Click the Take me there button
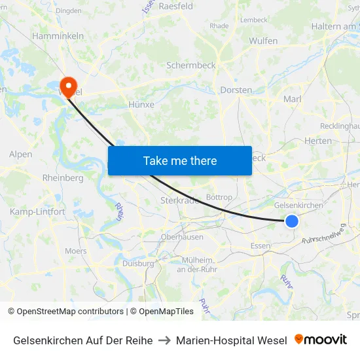coord(180,160)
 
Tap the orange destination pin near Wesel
coord(68,86)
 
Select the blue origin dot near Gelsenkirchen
coord(292,221)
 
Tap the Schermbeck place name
coord(190,65)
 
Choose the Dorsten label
coord(236,90)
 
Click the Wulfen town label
coord(263,41)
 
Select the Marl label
coord(291,99)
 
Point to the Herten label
coord(318,141)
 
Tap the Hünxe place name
coord(141,104)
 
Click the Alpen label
coord(20,154)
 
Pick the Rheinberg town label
coord(62,177)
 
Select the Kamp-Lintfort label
coord(37,211)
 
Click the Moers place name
coord(75,251)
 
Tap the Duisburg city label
coord(138,263)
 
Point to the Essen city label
coord(261,246)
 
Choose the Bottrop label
coord(219,197)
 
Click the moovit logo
coord(321,340)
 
